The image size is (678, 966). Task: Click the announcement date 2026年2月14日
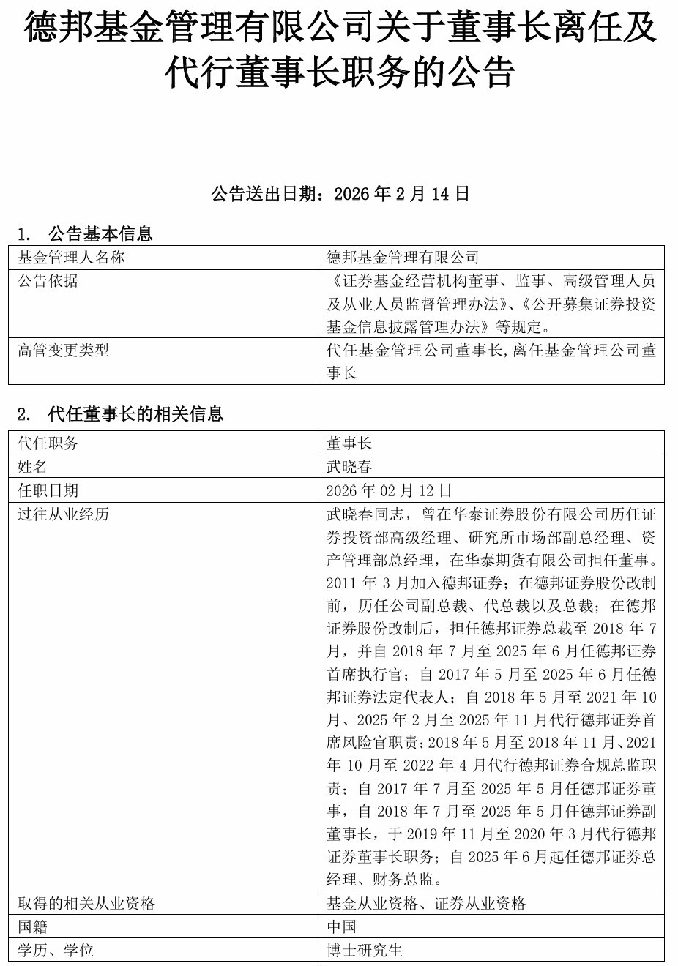[401, 194]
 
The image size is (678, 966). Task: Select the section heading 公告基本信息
[100, 234]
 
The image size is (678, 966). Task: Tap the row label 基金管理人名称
[71, 258]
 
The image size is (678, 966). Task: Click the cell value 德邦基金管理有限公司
[403, 258]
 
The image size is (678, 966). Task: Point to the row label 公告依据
[48, 281]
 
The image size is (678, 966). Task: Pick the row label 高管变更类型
[63, 351]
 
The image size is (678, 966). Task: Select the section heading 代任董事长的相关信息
[135, 414]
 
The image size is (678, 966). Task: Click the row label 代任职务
[48, 443]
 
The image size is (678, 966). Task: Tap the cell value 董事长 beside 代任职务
[349, 443]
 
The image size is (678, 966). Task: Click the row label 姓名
[32, 467]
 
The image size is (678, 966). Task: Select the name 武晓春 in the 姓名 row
[349, 467]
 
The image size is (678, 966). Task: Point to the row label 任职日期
[48, 490]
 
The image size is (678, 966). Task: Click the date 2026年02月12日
[389, 490]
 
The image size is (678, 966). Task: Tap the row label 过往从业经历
[63, 514]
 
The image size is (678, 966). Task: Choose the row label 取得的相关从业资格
[86, 904]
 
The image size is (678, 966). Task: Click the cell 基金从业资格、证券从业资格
[426, 904]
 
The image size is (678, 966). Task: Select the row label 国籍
[32, 927]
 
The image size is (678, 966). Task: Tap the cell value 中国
[341, 927]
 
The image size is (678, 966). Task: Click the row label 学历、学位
[56, 951]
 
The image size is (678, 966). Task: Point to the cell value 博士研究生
[365, 951]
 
